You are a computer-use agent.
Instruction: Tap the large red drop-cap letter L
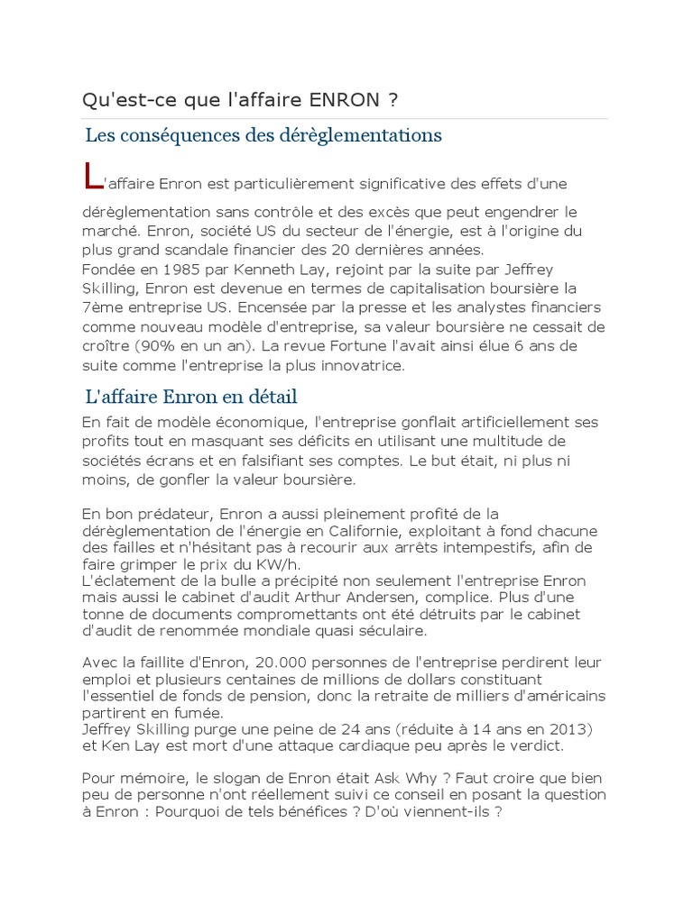[x=91, y=176]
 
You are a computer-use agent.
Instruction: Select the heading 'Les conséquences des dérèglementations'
[x=263, y=135]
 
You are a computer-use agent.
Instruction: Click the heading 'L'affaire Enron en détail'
[x=191, y=397]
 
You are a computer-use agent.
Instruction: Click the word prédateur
[x=175, y=514]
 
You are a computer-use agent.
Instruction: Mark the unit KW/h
[x=239, y=564]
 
